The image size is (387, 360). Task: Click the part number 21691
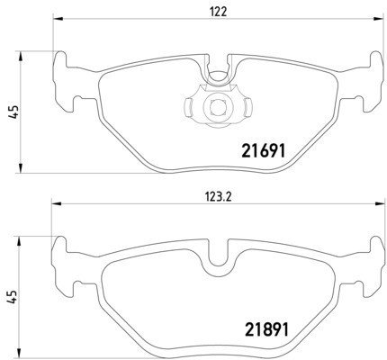click(x=263, y=150)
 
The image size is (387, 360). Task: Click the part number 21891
click(x=266, y=329)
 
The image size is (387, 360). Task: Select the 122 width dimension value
click(x=218, y=12)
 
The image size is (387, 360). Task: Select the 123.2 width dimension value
click(x=218, y=197)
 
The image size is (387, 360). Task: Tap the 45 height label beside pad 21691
click(x=13, y=112)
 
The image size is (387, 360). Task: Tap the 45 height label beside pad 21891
click(x=13, y=297)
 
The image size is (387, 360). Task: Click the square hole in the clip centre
click(x=218, y=107)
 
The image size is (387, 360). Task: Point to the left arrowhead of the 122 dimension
click(x=58, y=20)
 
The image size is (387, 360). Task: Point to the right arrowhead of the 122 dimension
click(x=379, y=20)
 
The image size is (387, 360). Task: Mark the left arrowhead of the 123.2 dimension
click(x=57, y=204)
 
